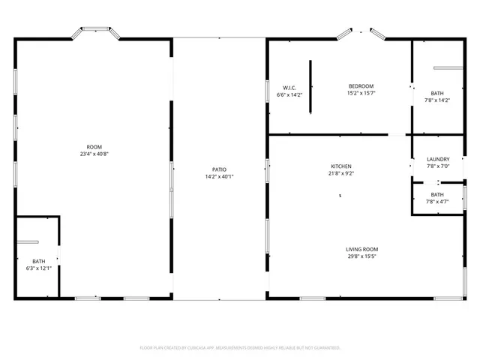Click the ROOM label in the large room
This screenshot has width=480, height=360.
tap(94, 147)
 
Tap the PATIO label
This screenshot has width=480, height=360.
tap(220, 169)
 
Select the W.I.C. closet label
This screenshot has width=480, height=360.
tap(289, 88)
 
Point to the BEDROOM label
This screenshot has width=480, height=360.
tap(361, 87)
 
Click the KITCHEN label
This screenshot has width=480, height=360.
tap(341, 166)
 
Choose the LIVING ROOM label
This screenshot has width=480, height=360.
tap(361, 250)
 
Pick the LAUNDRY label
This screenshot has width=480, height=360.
tap(438, 159)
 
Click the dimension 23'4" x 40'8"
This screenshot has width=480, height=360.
tap(94, 154)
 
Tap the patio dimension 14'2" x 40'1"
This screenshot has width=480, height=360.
tap(220, 176)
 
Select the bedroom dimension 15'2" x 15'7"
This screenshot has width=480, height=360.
tap(361, 94)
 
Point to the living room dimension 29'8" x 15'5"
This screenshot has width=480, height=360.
tap(361, 256)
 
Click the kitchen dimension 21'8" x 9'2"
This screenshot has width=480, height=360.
tap(341, 173)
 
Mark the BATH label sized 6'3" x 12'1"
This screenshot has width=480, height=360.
tap(38, 262)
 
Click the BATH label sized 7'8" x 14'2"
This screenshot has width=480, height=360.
tap(437, 93)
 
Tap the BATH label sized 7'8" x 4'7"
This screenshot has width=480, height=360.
tap(437, 194)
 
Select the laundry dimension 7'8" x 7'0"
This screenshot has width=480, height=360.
tap(438, 166)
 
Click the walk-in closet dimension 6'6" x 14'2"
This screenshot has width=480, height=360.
tap(289, 94)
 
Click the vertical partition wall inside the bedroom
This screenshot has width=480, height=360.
tap(310, 87)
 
